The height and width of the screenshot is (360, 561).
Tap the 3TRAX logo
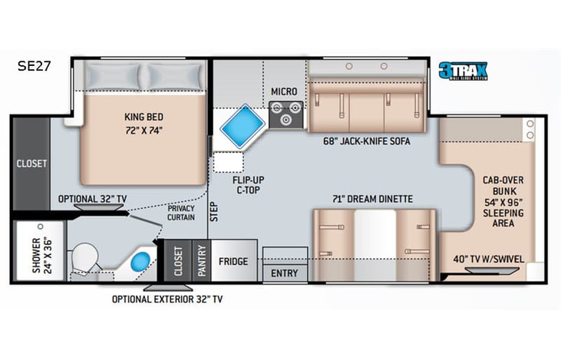(x=464, y=71)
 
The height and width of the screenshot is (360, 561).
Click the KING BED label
(x=144, y=123)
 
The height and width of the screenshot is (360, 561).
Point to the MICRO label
(x=283, y=92)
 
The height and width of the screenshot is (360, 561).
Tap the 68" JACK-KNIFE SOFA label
(x=368, y=141)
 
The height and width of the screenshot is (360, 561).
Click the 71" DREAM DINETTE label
(x=372, y=199)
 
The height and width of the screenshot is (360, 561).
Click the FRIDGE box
(x=233, y=261)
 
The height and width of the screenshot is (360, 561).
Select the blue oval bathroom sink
(x=140, y=261)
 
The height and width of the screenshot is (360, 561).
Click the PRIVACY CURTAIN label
(x=181, y=212)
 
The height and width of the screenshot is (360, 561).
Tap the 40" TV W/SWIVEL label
(x=488, y=259)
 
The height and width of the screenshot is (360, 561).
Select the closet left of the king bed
(x=31, y=163)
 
